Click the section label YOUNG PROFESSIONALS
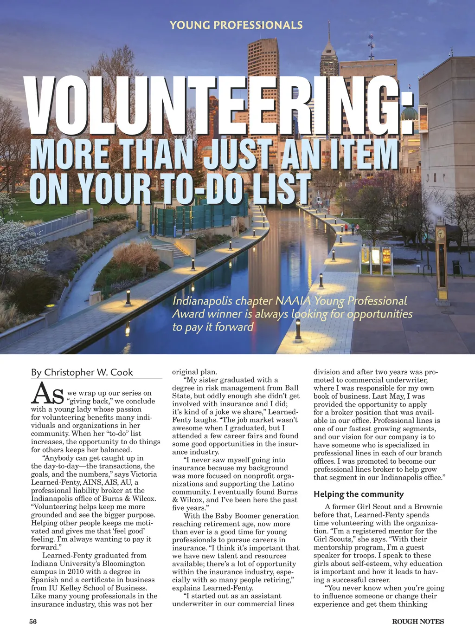point(236,25)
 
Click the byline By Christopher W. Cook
point(82,372)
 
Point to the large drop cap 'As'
point(47,394)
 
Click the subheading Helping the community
point(359,494)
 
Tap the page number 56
point(33,622)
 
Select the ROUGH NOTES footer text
point(418,622)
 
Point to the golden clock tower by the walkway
point(441,260)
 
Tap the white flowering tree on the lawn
point(16,241)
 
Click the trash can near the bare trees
point(456,267)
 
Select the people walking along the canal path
point(352,228)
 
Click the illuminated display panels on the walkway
point(376,256)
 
